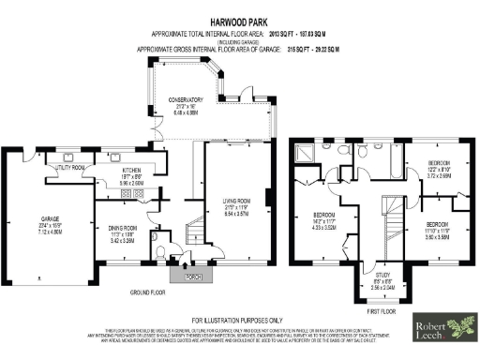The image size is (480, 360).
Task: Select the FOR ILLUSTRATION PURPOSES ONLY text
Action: click(241, 320)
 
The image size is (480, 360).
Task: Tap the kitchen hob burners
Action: click(136, 194)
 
